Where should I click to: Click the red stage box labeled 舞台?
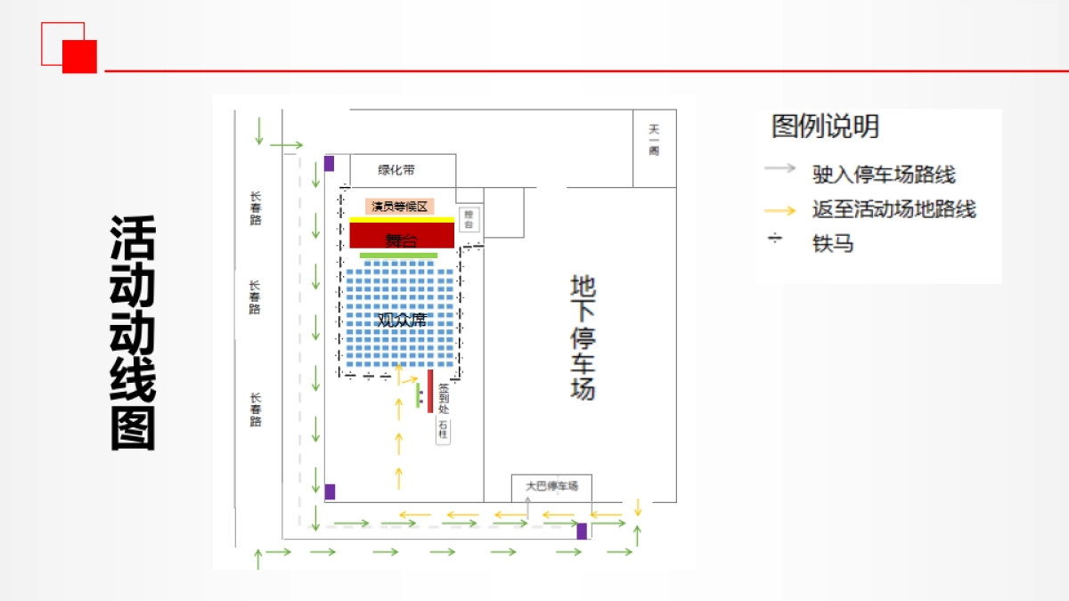tap(401, 236)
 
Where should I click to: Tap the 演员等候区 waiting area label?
tap(400, 206)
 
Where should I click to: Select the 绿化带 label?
tap(396, 170)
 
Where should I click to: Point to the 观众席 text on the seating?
tap(401, 319)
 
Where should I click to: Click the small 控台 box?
tap(471, 219)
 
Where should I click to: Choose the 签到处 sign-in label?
tap(443, 397)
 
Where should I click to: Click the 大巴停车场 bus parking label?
tap(551, 486)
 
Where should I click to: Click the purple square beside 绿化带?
tap(329, 163)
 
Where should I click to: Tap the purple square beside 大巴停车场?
tap(582, 532)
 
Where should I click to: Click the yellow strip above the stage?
tap(402, 219)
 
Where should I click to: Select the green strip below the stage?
tap(398, 256)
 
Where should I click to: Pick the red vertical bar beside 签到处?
tap(430, 391)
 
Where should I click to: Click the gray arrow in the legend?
tap(781, 167)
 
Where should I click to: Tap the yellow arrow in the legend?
tap(781, 210)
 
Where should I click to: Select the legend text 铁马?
tap(833, 243)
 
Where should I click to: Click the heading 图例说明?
tap(825, 126)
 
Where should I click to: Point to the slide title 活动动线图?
tap(133, 332)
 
